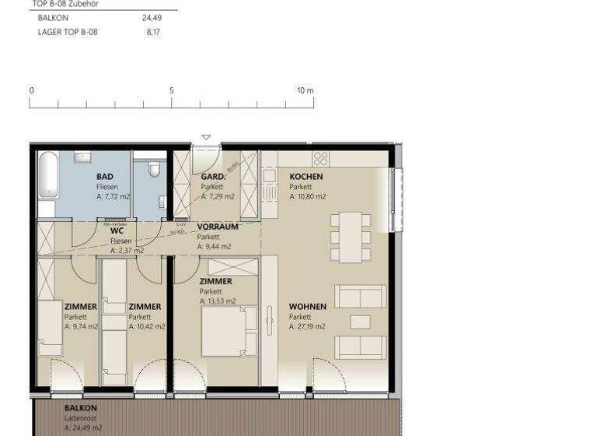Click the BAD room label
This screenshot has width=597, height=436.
click(104, 177)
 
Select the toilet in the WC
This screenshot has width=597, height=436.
click(155, 169)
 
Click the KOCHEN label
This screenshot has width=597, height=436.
click(305, 177)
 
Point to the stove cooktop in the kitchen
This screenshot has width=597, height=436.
click(320, 159)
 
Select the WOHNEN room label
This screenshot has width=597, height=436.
click(306, 307)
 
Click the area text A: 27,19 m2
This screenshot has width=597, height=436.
click(307, 327)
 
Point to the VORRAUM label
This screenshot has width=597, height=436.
click(218, 227)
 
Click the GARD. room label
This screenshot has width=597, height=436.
click(213, 177)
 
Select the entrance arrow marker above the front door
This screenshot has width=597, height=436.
click(206, 138)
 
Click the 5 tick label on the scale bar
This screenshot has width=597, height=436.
click(172, 90)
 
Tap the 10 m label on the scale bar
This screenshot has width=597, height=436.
click(305, 90)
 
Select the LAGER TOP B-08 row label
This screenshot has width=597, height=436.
click(68, 33)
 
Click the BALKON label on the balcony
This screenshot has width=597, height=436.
click(80, 408)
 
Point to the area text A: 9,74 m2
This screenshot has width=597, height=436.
click(81, 327)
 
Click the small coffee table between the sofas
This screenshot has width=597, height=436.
click(360, 322)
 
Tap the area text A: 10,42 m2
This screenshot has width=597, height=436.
click(147, 327)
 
